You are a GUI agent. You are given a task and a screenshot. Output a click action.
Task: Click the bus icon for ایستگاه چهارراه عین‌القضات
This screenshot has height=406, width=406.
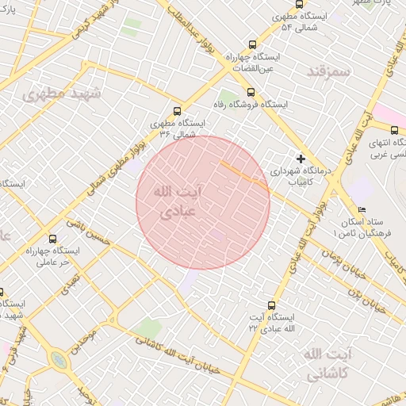(x=253, y=45)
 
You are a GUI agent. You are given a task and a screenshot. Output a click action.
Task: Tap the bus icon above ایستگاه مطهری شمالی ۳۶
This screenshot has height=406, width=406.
(x=177, y=112)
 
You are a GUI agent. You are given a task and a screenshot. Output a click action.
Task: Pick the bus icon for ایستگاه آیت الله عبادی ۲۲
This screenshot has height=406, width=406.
(x=272, y=304)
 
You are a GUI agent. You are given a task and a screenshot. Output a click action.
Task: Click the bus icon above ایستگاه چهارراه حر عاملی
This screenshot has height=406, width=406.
(x=53, y=239)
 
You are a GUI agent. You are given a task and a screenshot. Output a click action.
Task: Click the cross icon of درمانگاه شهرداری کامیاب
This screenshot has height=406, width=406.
(x=301, y=159)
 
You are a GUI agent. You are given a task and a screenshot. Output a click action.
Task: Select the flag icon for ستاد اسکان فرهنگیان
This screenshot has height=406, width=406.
(x=362, y=211)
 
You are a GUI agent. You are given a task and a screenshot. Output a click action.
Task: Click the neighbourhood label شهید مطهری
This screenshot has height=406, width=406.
(x=63, y=94)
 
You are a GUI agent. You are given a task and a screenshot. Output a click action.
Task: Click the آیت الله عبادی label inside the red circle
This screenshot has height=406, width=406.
(x=176, y=202)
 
